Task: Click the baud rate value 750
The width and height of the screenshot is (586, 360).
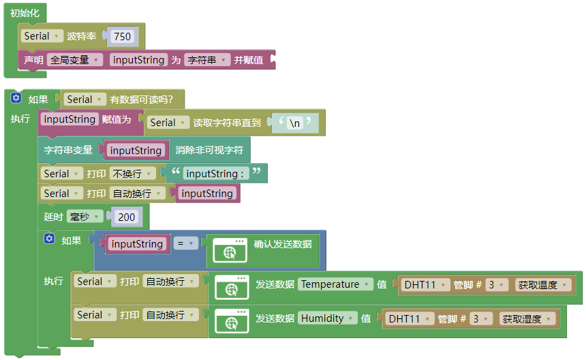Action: (122, 36)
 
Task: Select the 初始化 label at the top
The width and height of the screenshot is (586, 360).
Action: (25, 13)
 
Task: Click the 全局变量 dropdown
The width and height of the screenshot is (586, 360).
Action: (75, 60)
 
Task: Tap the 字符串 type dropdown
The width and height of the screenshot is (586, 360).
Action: (207, 60)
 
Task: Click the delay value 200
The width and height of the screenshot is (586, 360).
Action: (126, 217)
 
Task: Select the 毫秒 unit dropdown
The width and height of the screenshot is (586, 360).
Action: (85, 216)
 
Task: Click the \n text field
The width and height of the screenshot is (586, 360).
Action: (295, 123)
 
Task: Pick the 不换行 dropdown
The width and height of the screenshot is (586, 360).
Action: (132, 173)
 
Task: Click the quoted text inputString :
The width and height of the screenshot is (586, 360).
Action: (215, 173)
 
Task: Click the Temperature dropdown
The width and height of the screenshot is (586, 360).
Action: (335, 284)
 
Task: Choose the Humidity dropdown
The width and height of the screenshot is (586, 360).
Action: (327, 318)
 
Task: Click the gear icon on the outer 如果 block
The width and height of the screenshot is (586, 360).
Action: (16, 98)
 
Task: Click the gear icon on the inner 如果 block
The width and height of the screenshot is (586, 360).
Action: (49, 239)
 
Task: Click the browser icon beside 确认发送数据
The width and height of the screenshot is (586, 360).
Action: (230, 250)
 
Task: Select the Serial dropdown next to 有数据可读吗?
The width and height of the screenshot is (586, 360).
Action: (84, 100)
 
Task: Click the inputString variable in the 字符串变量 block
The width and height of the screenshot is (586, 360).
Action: (136, 150)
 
